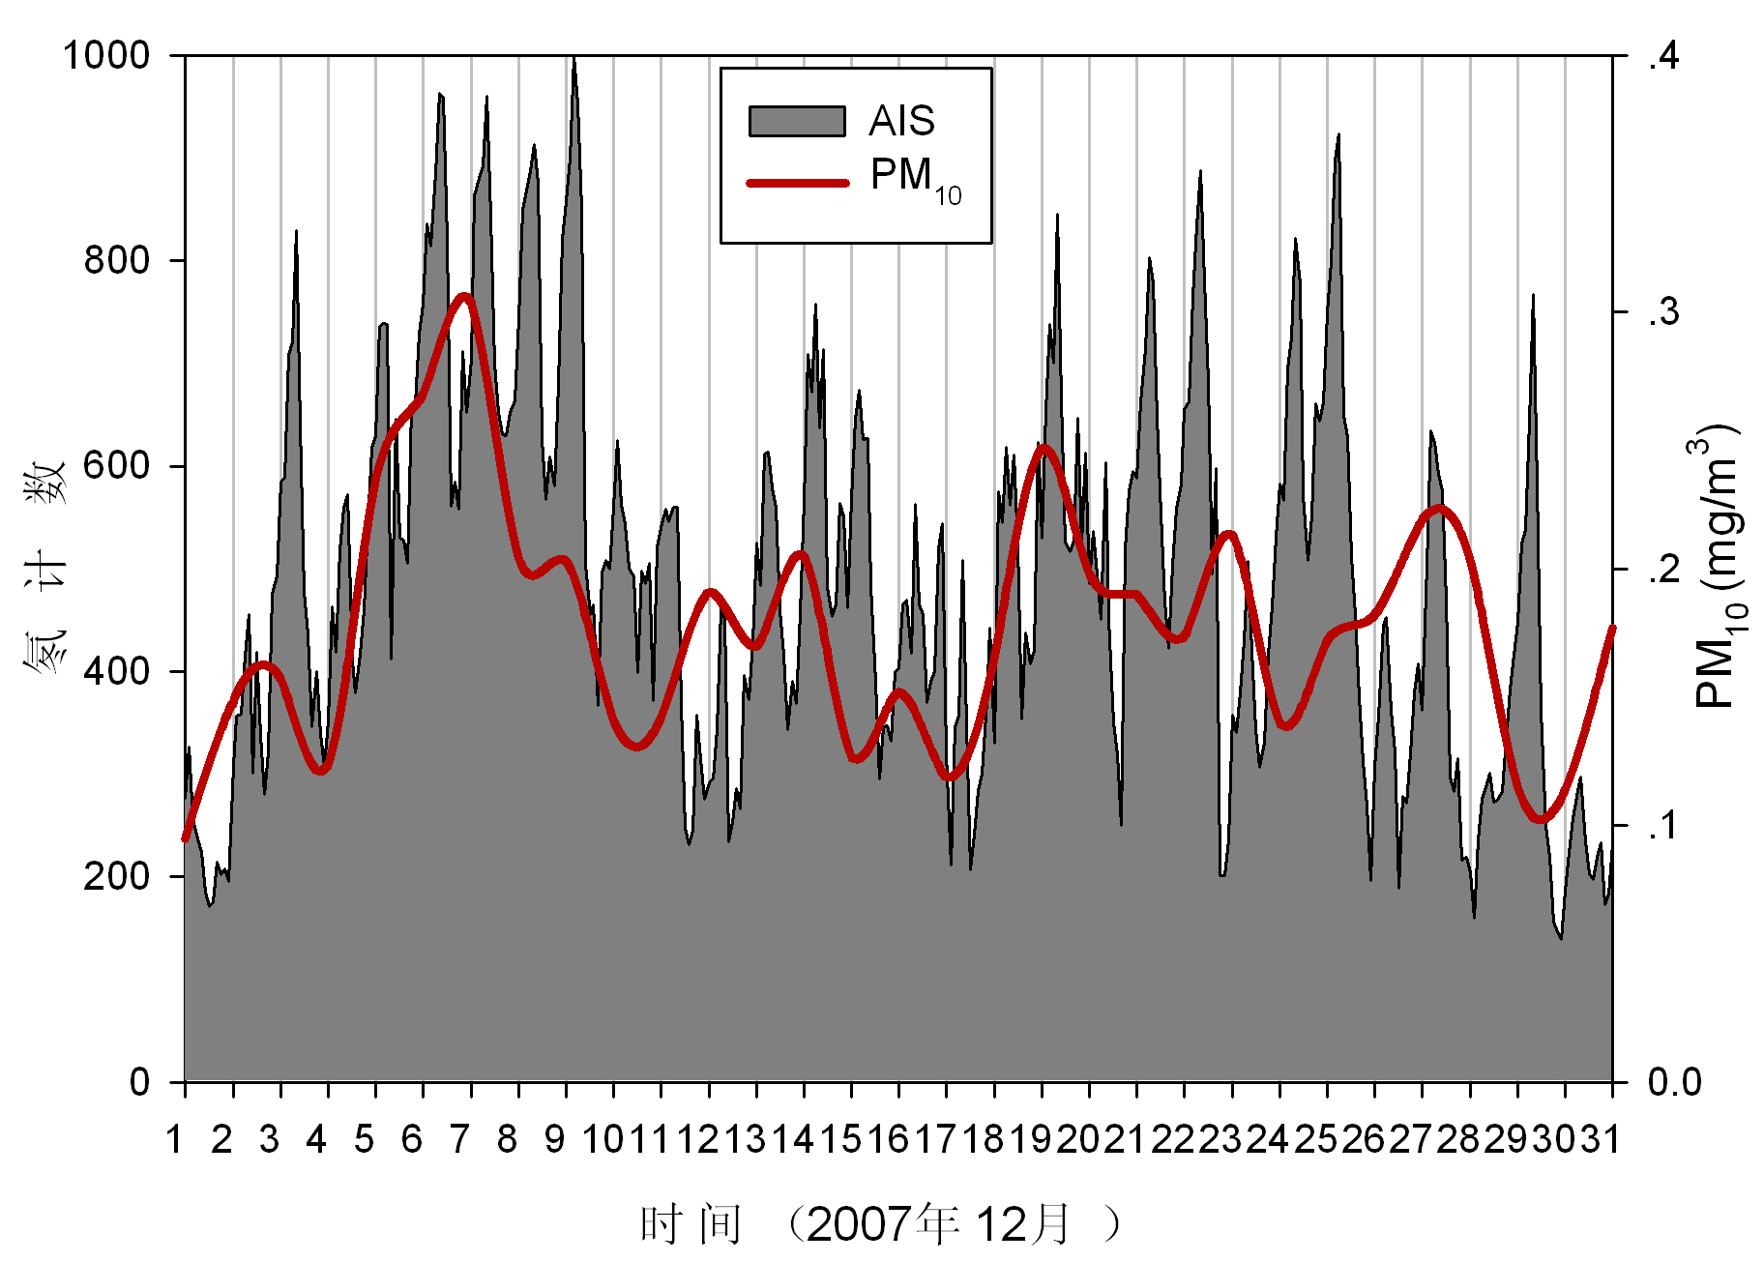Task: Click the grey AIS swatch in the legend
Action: (x=797, y=121)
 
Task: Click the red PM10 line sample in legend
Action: (x=797, y=182)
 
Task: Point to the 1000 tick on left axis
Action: (x=106, y=55)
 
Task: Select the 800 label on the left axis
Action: (x=117, y=260)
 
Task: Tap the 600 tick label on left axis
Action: (x=117, y=465)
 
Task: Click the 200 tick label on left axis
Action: (x=117, y=876)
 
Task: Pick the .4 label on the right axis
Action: (x=1663, y=56)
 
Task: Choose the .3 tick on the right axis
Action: (x=1663, y=312)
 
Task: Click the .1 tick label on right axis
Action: (x=1663, y=826)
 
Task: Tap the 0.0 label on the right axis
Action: (x=1674, y=1082)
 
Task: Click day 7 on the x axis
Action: (x=459, y=1140)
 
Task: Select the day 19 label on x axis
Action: (x=1031, y=1140)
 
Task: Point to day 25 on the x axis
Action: (x=1316, y=1140)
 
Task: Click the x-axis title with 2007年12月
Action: (x=880, y=1224)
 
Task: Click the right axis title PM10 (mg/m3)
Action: (x=1720, y=567)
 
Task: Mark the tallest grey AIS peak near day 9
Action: (x=574, y=60)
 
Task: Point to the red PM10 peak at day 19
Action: (x=1043, y=447)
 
